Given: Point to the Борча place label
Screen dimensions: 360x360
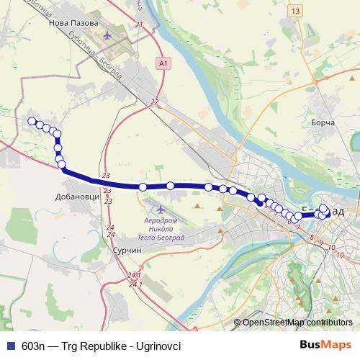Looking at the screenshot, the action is (x=323, y=123).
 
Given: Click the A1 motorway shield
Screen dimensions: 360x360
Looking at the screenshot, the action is (x=165, y=64).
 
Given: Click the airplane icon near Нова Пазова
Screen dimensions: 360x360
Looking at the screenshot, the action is (x=108, y=34).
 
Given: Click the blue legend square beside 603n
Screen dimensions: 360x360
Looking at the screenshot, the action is (x=10, y=346).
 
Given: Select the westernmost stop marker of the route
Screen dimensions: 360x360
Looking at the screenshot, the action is (x=31, y=121).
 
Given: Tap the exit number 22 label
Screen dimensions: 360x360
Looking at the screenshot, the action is (x=153, y=102).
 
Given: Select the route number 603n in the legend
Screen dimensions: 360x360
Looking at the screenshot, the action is (x=35, y=346).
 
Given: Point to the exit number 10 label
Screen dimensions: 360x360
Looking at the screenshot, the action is (x=330, y=248).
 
